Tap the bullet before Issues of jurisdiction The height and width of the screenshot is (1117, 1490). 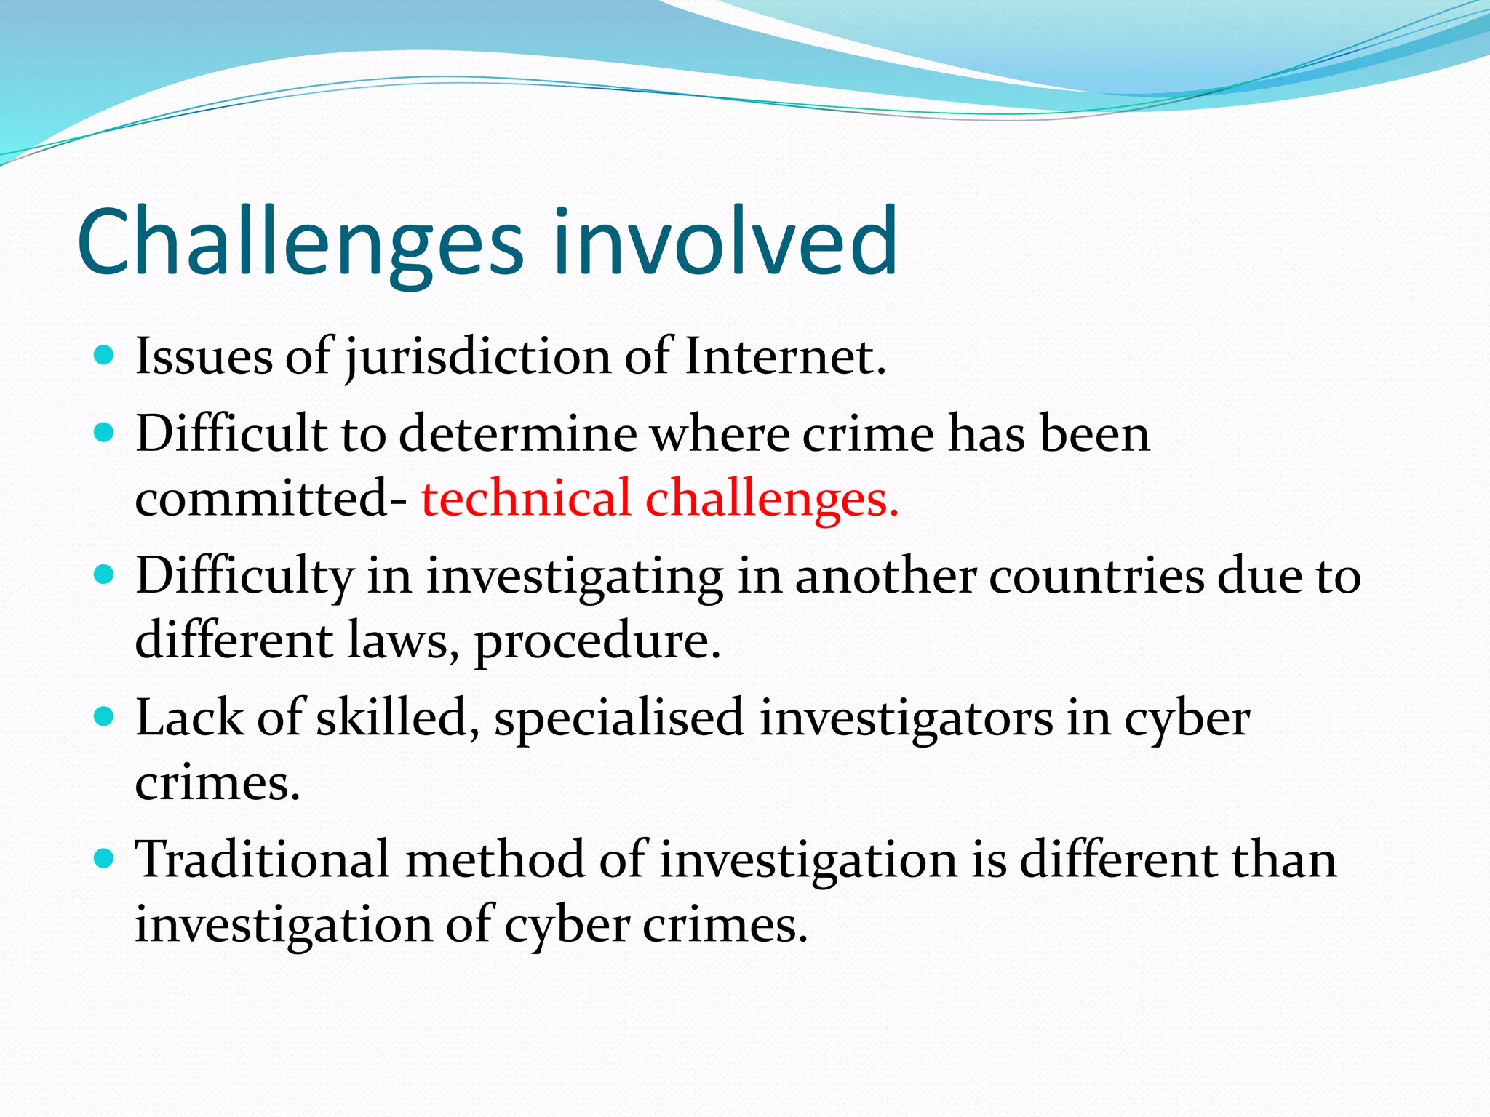click(x=105, y=356)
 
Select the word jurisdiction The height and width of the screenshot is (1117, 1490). click(x=477, y=358)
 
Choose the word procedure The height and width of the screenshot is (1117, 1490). click(x=597, y=641)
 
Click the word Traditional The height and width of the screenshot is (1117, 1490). click(x=262, y=860)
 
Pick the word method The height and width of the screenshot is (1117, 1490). click(x=494, y=860)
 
